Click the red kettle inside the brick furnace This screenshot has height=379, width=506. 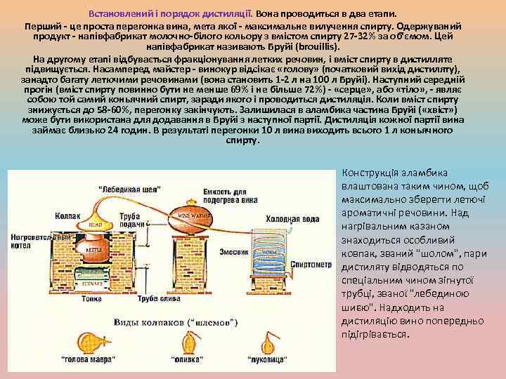click(92, 249)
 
